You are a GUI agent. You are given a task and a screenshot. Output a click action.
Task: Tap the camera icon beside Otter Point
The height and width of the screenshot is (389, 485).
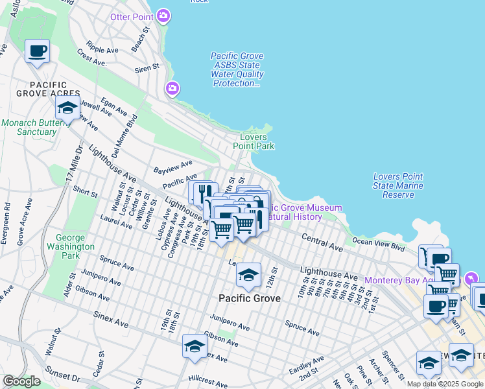[x=164, y=15]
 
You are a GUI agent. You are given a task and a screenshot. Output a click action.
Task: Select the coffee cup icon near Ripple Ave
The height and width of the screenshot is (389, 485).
[x=37, y=51]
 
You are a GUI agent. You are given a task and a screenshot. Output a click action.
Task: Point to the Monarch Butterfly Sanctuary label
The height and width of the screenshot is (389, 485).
[x=29, y=127]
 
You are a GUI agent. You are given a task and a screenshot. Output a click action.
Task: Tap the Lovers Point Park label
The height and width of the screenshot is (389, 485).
[x=257, y=141]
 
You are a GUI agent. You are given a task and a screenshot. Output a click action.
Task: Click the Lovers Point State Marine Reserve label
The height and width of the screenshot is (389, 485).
[x=398, y=185]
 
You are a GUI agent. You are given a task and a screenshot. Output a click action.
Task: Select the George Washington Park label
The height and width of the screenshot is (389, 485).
[x=75, y=242]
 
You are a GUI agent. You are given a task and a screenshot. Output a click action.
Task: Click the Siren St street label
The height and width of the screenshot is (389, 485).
[x=147, y=67]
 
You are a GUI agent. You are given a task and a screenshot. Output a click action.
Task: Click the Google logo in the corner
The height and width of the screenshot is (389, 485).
[x=21, y=381]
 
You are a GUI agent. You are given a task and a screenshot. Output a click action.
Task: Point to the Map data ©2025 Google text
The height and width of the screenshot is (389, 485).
[x=445, y=384]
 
